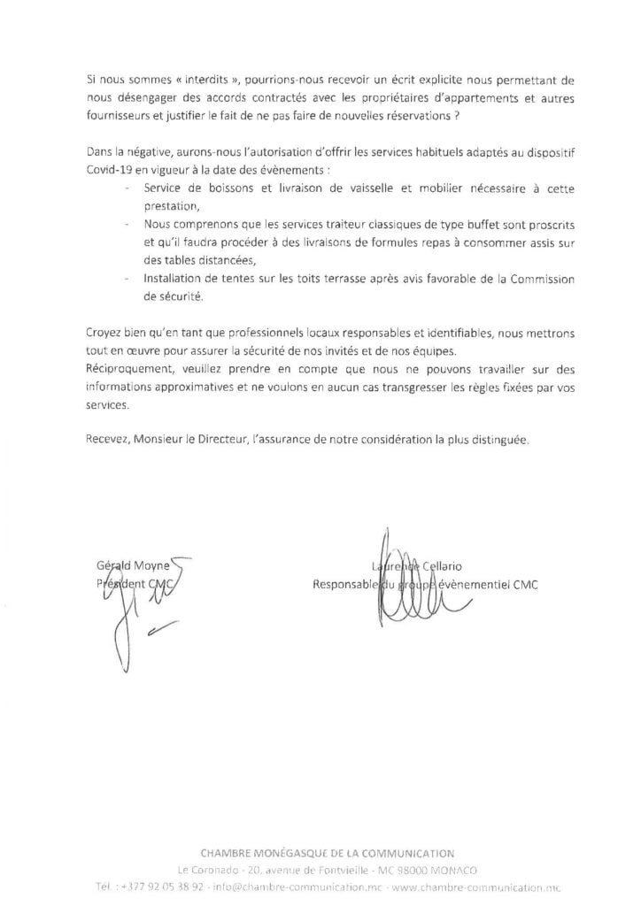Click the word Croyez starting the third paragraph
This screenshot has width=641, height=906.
pyautogui.click(x=106, y=331)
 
